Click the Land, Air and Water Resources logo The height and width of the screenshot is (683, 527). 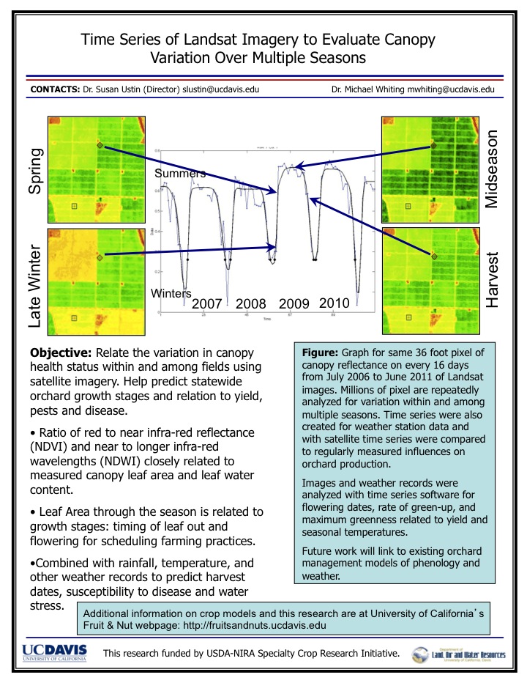click(459, 654)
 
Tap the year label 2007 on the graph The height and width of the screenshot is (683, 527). click(206, 304)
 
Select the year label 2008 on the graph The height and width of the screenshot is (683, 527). click(251, 304)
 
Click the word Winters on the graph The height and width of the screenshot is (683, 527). click(171, 293)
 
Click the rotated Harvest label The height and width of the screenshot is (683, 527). click(493, 281)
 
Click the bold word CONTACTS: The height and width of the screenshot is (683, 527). click(53, 90)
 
